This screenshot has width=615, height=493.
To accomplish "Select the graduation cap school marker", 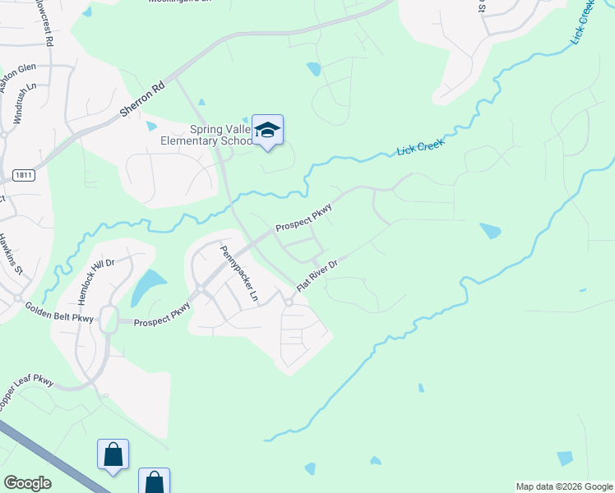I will (267, 131).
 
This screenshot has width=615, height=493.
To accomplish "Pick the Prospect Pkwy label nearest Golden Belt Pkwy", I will (163, 316).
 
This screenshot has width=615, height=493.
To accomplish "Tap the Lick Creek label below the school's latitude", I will (420, 147).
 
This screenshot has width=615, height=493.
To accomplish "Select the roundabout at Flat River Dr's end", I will (289, 302).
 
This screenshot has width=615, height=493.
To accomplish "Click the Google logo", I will (27, 483).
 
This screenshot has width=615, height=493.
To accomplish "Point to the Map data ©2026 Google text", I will (563, 486).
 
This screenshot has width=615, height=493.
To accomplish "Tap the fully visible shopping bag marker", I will (113, 454).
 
